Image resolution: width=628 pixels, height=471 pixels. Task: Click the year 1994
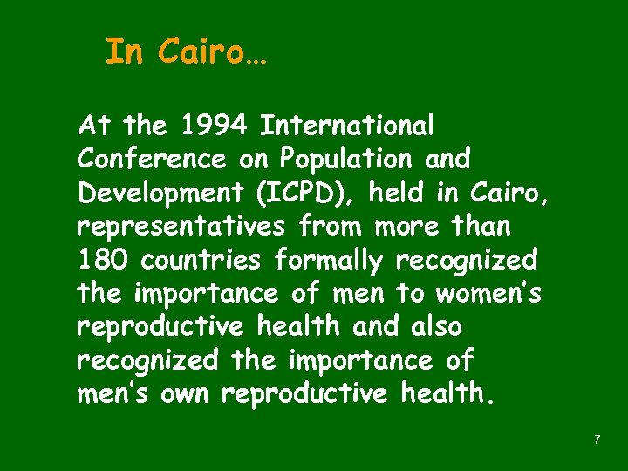pyautogui.click(x=208, y=126)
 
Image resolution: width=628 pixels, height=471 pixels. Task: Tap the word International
pyautogui.click(x=347, y=126)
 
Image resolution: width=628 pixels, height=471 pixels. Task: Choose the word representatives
pyautogui.click(x=181, y=227)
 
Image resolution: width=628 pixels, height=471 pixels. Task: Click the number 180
pyautogui.click(x=103, y=260)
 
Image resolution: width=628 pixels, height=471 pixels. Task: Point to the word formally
pyautogui.click(x=328, y=260)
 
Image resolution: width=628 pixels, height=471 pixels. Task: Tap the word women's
pyautogui.click(x=488, y=294)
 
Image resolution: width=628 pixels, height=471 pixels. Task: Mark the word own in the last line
pyautogui.click(x=186, y=394)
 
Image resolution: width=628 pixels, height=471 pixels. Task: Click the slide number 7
pyautogui.click(x=597, y=440)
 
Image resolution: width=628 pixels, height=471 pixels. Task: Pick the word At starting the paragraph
pyautogui.click(x=93, y=126)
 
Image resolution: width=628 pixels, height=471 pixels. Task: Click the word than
pyautogui.click(x=478, y=227)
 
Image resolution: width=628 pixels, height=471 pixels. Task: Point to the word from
pyautogui.click(x=332, y=227)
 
